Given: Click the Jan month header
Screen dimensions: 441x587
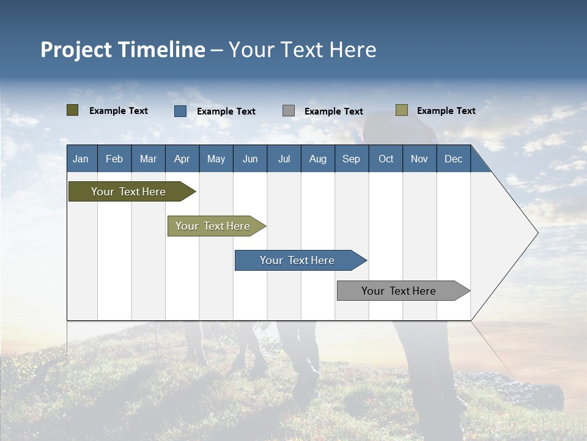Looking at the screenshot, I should coord(81,159).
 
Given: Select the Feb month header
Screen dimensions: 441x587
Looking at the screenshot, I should coord(114,159).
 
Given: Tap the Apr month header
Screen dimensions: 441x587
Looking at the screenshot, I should coord(182,159).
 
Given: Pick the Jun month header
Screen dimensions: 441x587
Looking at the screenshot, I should coord(250,159).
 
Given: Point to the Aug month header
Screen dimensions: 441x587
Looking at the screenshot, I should coord(317,159).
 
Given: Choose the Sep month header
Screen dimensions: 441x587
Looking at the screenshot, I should coord(351,159).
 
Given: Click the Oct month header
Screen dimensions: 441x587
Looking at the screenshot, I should coord(386,159).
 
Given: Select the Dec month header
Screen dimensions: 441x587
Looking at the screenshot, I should coord(453,159).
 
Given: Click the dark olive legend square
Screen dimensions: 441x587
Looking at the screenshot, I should coord(73,110).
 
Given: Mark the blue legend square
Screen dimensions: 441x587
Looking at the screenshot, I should coord(180,111).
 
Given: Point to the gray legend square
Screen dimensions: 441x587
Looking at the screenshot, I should coord(289,111).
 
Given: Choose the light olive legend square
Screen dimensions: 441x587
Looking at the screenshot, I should coord(401,110).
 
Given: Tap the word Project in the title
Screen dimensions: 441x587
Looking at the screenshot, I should coord(76,50).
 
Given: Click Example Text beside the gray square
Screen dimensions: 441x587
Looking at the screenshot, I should coord(333,111).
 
